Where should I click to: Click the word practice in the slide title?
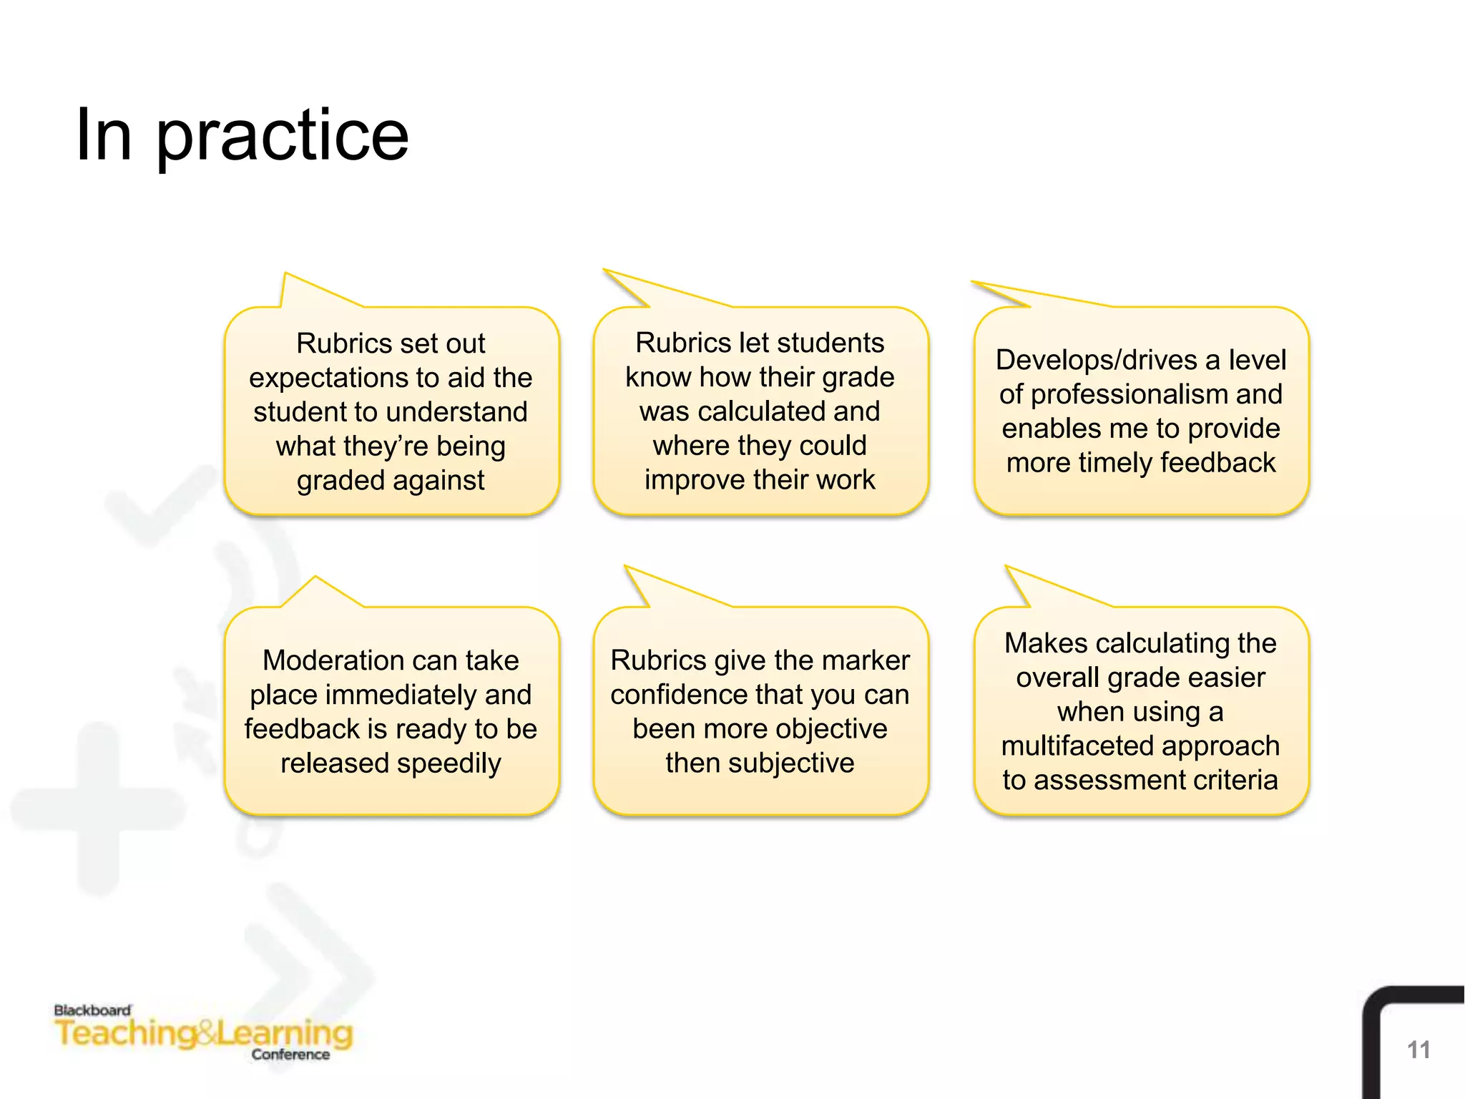pos(282,136)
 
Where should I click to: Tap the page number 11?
pos(1418,1050)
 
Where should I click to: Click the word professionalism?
pos(1129,394)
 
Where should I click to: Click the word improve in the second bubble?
pos(687,480)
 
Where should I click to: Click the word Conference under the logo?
pos(290,1054)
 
